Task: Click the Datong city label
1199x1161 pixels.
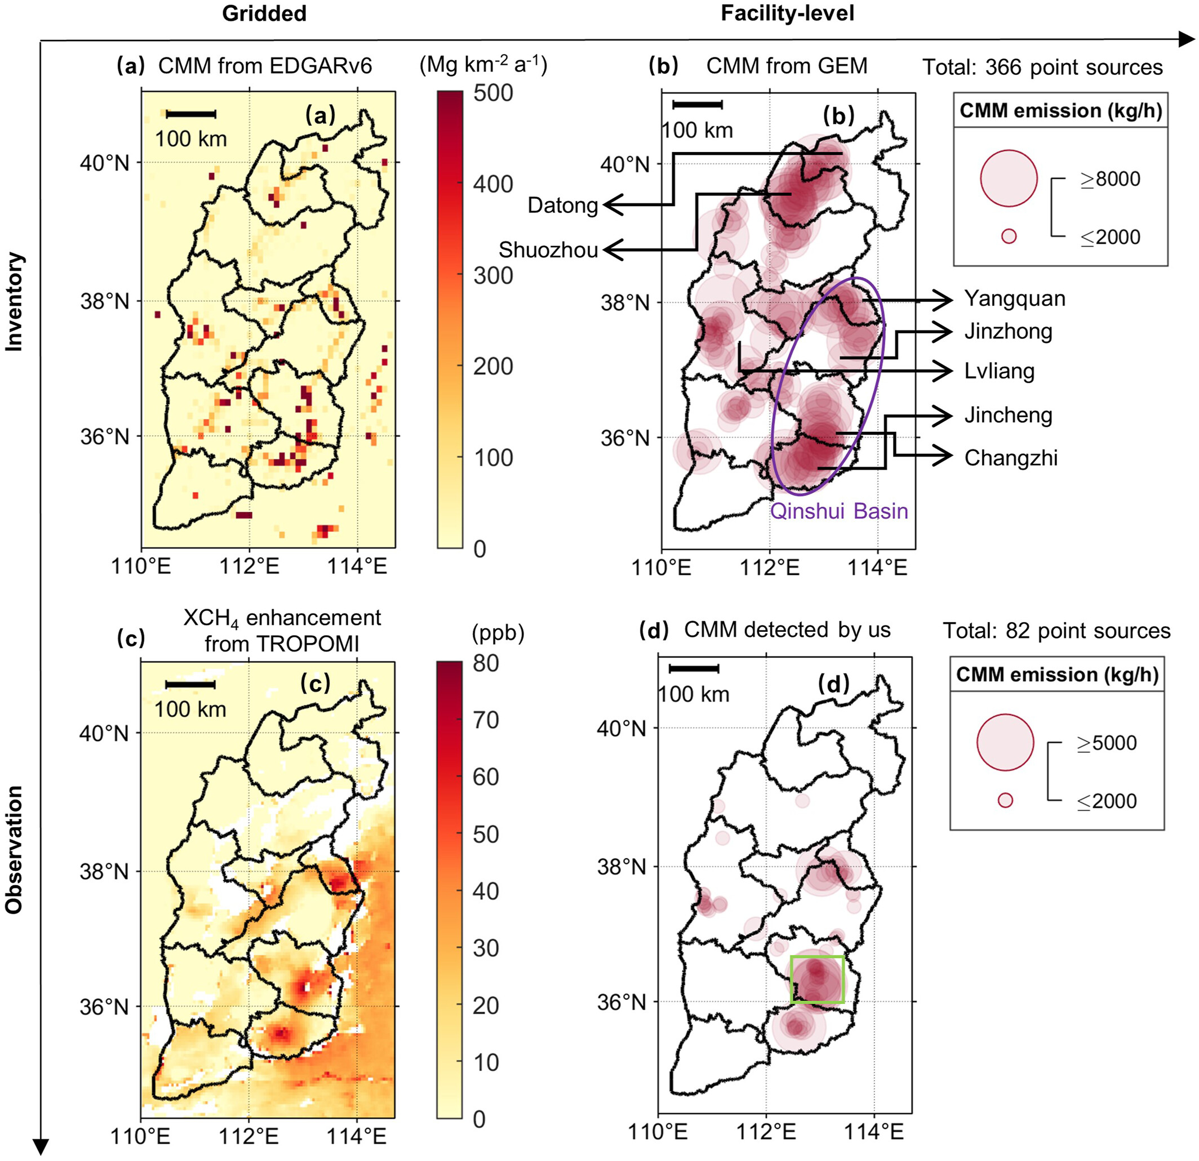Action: pyautogui.click(x=562, y=206)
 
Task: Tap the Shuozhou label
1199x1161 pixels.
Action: pyautogui.click(x=548, y=250)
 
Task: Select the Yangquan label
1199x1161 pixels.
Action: pyautogui.click(x=1014, y=299)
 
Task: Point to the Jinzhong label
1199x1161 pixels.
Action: pyautogui.click(x=1008, y=332)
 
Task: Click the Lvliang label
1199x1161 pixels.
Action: pyautogui.click(x=999, y=371)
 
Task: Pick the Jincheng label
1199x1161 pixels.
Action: pyautogui.click(x=1008, y=416)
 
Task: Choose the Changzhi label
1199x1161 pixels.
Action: pyautogui.click(x=1011, y=458)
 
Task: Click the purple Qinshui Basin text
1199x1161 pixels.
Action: pyautogui.click(x=839, y=511)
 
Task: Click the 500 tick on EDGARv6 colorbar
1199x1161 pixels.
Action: pyautogui.click(x=492, y=93)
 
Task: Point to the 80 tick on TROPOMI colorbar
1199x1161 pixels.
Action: pyautogui.click(x=486, y=663)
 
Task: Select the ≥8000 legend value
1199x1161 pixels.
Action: pyautogui.click(x=1109, y=179)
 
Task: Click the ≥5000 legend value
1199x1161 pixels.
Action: pyautogui.click(x=1106, y=743)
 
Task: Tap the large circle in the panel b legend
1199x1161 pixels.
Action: pyautogui.click(x=1009, y=178)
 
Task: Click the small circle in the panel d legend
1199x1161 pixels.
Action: pyautogui.click(x=1005, y=800)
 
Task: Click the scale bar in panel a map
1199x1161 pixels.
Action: pyautogui.click(x=191, y=114)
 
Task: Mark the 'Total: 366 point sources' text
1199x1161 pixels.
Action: pyautogui.click(x=1042, y=67)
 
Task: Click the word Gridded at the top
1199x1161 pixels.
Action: pyautogui.click(x=264, y=14)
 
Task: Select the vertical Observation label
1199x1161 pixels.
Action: pyautogui.click(x=14, y=850)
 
